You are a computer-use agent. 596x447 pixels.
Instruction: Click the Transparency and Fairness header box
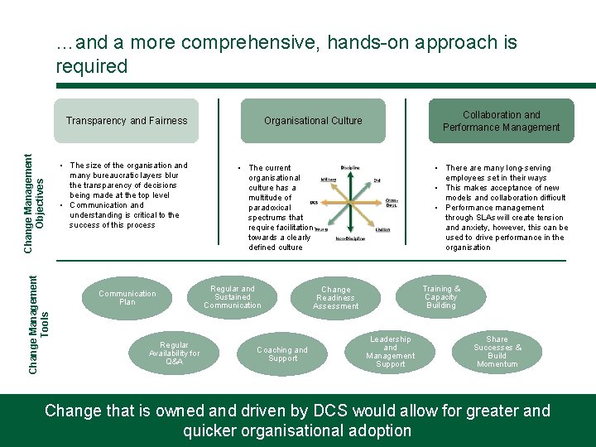coord(127,121)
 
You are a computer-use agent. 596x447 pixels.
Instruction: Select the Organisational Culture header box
coord(313,121)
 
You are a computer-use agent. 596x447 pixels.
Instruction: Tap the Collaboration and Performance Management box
coord(501,121)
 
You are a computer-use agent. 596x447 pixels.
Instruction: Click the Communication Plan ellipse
coord(127,298)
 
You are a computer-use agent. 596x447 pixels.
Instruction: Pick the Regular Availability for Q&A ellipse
coord(174,353)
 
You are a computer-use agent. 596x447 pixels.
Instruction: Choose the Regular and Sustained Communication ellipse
coord(233,297)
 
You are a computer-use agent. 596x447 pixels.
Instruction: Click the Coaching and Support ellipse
coord(282,354)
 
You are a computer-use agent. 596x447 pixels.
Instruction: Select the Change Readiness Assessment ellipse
coord(336,298)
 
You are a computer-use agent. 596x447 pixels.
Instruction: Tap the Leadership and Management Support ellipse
coord(391,352)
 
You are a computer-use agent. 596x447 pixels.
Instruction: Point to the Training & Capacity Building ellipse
coord(441,297)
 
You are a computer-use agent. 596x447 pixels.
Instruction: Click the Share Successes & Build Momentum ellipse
coord(497,352)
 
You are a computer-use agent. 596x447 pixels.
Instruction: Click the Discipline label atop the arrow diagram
coord(349,168)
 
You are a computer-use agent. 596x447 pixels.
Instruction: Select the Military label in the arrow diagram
coord(328,178)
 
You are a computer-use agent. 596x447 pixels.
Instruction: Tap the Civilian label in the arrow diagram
coord(382,229)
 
